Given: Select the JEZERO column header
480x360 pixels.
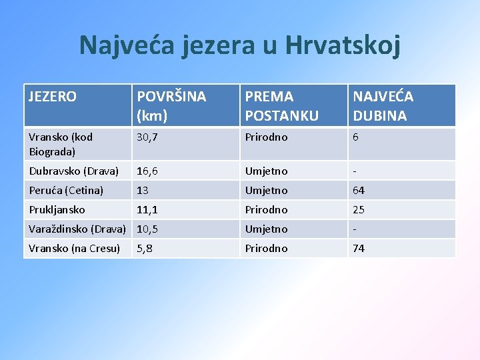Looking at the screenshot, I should (x=53, y=97).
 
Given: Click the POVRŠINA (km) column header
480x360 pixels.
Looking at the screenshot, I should (x=171, y=105).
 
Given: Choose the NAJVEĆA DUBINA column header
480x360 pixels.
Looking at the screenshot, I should (x=383, y=105).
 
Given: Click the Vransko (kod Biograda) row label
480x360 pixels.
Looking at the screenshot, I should (x=61, y=144).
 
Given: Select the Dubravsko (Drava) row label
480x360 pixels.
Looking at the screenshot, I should (x=73, y=171).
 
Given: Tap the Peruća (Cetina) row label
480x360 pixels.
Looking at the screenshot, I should (x=66, y=191).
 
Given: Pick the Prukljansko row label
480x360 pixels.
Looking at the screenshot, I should (x=57, y=210).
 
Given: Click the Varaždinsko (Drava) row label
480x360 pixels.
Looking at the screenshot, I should (x=77, y=229).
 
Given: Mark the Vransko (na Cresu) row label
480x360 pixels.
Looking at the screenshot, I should (x=74, y=249).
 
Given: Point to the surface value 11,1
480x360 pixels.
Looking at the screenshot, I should (x=147, y=210).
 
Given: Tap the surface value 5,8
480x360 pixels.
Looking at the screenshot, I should (x=144, y=249).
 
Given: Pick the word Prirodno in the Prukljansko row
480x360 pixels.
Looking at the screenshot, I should (x=266, y=210).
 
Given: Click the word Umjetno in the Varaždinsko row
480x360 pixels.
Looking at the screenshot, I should (x=266, y=229).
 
